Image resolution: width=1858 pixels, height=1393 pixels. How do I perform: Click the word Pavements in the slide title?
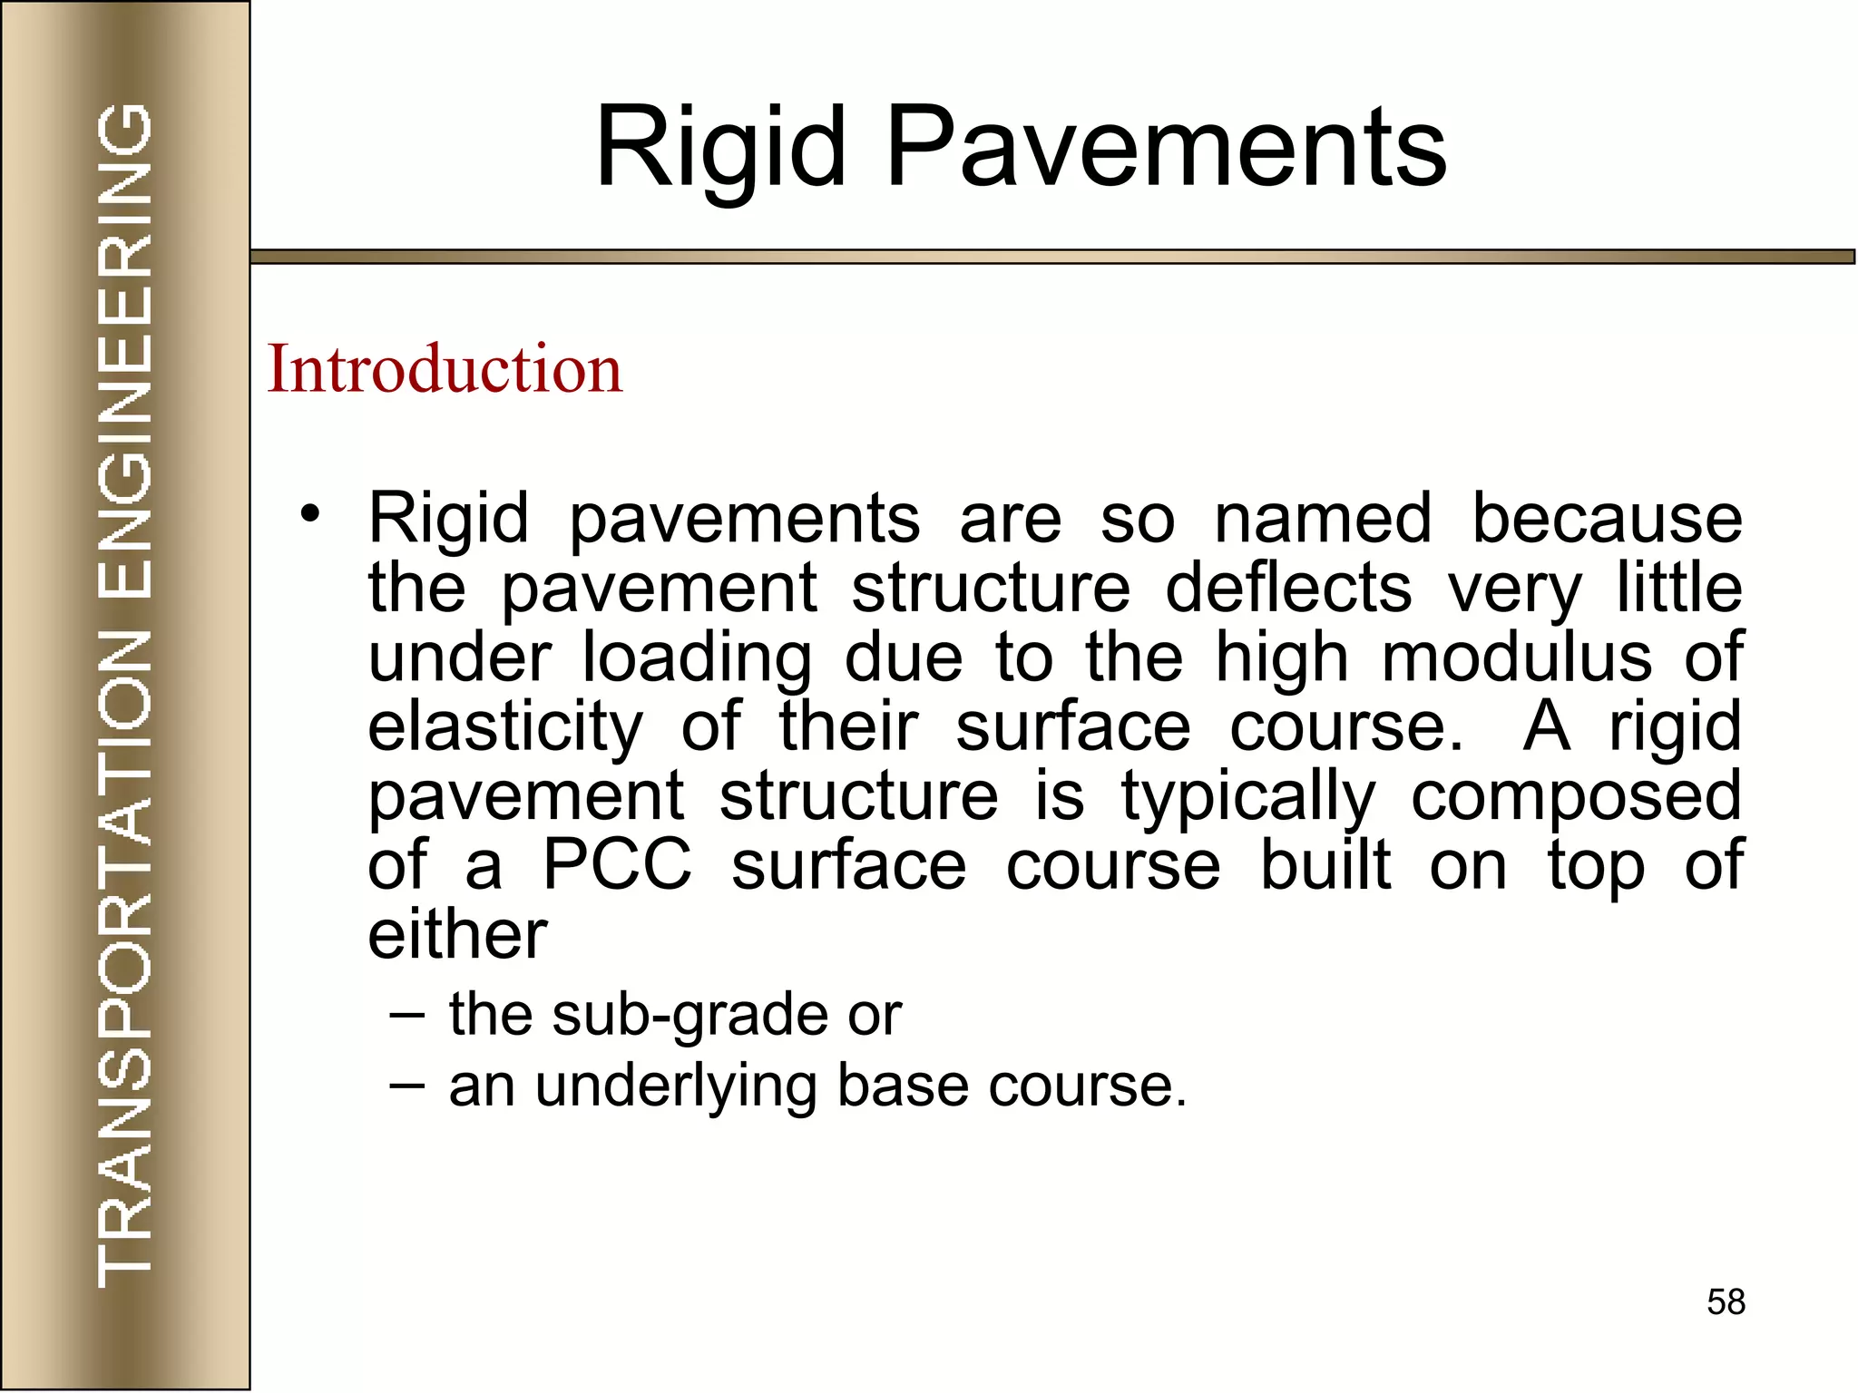tap(1165, 147)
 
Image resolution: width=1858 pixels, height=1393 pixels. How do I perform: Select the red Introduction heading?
tap(445, 370)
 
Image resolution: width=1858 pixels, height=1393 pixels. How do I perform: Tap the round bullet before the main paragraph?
tap(310, 515)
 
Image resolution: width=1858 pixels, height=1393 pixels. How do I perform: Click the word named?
tap(1323, 519)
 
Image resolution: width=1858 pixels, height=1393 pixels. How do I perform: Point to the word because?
tap(1607, 519)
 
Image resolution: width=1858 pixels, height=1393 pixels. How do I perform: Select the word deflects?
tap(1288, 588)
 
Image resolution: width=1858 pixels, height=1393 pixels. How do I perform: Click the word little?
tap(1679, 588)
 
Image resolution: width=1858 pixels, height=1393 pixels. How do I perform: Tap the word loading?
tap(697, 658)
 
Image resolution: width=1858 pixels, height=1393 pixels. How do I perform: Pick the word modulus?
tap(1516, 657)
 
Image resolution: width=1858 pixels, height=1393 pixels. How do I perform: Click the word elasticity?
tap(505, 727)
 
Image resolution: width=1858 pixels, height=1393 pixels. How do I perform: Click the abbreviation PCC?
tap(617, 865)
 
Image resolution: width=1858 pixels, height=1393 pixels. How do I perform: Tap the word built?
tap(1325, 865)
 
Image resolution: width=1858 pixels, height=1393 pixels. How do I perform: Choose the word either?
tap(457, 934)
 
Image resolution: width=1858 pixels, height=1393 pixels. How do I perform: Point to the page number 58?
tap(1726, 1302)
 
